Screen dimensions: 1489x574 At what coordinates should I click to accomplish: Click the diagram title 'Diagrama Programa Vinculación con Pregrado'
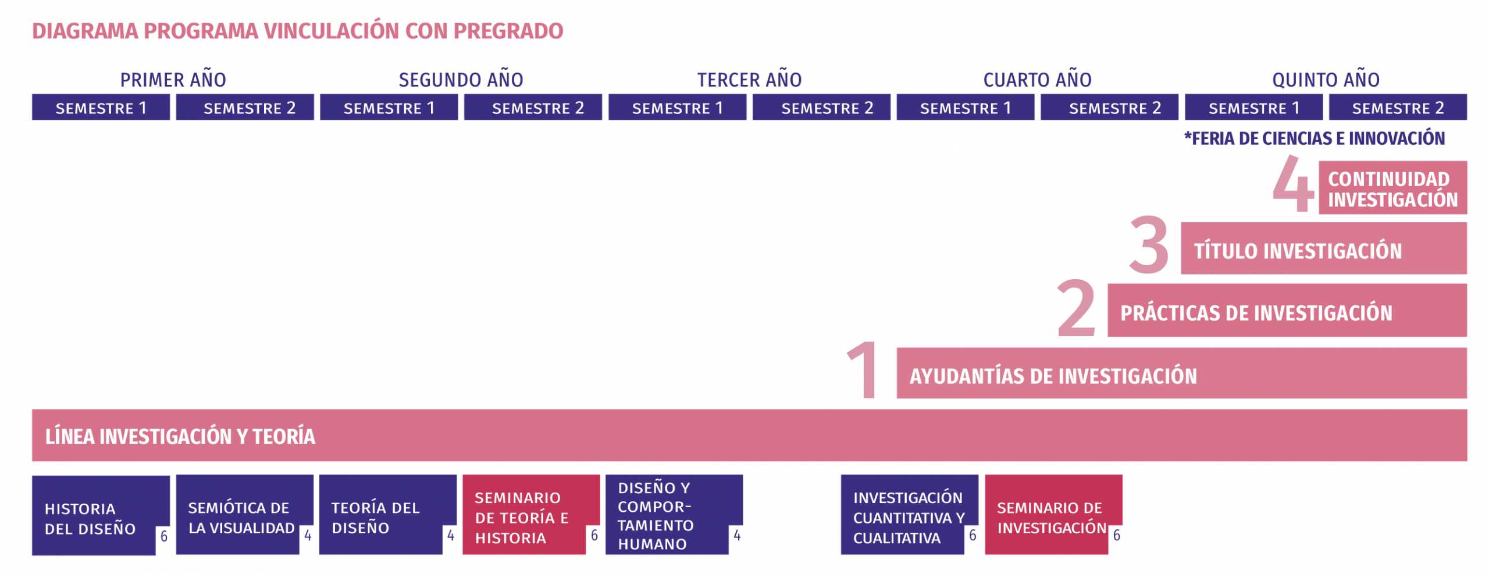point(297,31)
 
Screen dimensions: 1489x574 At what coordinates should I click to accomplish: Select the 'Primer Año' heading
point(173,79)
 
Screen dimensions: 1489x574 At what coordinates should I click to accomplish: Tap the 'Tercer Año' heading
point(749,79)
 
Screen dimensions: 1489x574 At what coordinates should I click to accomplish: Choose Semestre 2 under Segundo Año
point(532,108)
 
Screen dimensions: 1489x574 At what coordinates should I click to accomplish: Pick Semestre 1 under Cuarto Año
point(965,108)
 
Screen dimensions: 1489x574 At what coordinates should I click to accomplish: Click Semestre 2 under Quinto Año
point(1397,108)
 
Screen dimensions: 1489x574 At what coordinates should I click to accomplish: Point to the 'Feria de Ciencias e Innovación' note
point(1315,138)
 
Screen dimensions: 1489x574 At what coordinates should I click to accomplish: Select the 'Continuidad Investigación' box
point(1392,187)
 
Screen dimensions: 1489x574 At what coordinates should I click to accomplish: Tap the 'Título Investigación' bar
point(1323,248)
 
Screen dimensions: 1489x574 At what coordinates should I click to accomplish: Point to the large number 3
point(1148,244)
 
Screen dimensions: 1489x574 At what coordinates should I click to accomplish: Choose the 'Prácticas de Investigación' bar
point(1287,310)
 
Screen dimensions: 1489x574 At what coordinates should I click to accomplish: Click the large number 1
point(863,370)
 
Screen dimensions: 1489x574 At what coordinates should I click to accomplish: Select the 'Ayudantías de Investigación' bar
point(1181,373)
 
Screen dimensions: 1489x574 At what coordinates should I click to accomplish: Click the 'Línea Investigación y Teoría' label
point(180,436)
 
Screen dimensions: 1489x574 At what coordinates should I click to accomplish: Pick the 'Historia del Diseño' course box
point(101,515)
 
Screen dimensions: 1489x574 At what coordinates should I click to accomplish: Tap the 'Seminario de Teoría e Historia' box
point(531,515)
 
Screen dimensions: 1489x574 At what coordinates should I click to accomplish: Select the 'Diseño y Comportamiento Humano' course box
point(674,515)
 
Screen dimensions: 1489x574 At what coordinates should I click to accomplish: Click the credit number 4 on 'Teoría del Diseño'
point(450,535)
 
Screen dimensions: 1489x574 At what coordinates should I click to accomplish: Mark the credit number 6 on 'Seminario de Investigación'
point(1116,535)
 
